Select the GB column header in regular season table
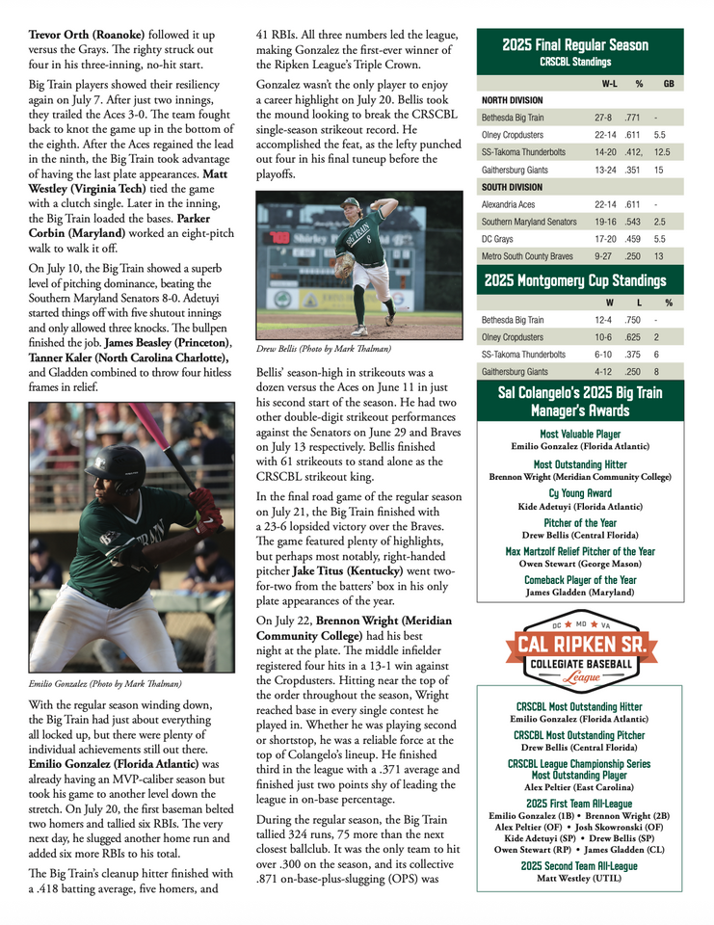click(x=668, y=84)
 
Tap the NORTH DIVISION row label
click(x=512, y=99)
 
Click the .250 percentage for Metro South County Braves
click(x=633, y=256)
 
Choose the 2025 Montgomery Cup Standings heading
click(x=575, y=281)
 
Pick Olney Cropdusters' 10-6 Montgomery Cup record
click(x=602, y=337)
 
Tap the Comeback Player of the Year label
click(x=580, y=580)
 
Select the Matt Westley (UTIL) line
click(x=579, y=878)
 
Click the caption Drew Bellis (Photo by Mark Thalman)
click(x=324, y=349)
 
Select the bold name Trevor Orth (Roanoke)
click(x=83, y=36)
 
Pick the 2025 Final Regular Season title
click(x=575, y=45)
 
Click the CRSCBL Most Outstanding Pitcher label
click(x=579, y=735)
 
